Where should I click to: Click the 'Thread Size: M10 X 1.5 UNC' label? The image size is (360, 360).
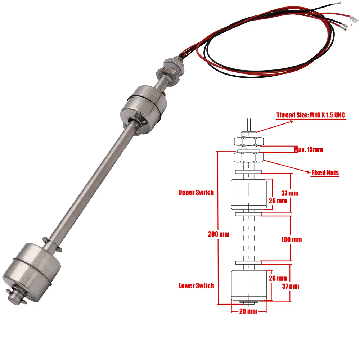[311, 115]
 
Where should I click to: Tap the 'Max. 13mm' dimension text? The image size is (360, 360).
[308, 150]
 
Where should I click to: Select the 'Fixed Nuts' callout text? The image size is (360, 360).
[325, 173]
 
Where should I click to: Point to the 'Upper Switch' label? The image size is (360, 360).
[196, 192]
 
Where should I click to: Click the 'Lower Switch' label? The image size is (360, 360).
[196, 285]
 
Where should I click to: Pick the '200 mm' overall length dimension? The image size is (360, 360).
[219, 234]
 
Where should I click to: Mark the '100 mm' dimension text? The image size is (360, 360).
[291, 239]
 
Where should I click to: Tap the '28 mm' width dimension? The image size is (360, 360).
[248, 311]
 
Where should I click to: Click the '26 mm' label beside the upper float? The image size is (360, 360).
[278, 201]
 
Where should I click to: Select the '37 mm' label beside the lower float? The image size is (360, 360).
[291, 286]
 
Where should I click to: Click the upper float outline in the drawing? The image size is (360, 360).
[249, 194]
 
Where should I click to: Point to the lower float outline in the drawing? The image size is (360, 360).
[249, 285]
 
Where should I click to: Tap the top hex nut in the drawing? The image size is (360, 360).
[249, 141]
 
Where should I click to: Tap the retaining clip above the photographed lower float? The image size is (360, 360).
[52, 244]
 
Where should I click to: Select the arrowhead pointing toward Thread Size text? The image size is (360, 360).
[291, 122]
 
